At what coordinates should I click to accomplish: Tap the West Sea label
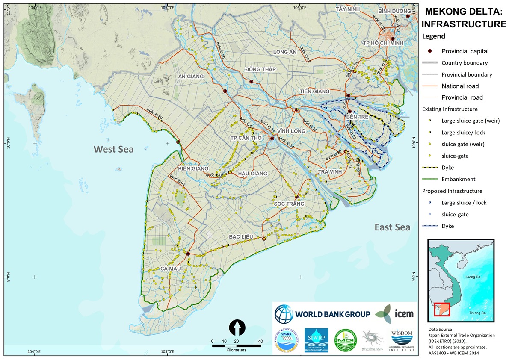coord(114,149)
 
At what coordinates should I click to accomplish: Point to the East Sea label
coord(392,227)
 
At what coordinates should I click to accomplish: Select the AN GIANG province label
coord(191,77)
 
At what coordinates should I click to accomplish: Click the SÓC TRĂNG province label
coord(289,204)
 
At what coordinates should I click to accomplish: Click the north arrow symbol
coord(237,328)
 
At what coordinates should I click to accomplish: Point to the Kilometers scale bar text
coord(237,350)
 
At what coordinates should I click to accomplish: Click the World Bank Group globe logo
coord(284,314)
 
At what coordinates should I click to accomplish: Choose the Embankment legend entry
coord(459,179)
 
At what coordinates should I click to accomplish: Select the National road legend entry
coord(460,86)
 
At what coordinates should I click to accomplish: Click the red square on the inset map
coord(442,309)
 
